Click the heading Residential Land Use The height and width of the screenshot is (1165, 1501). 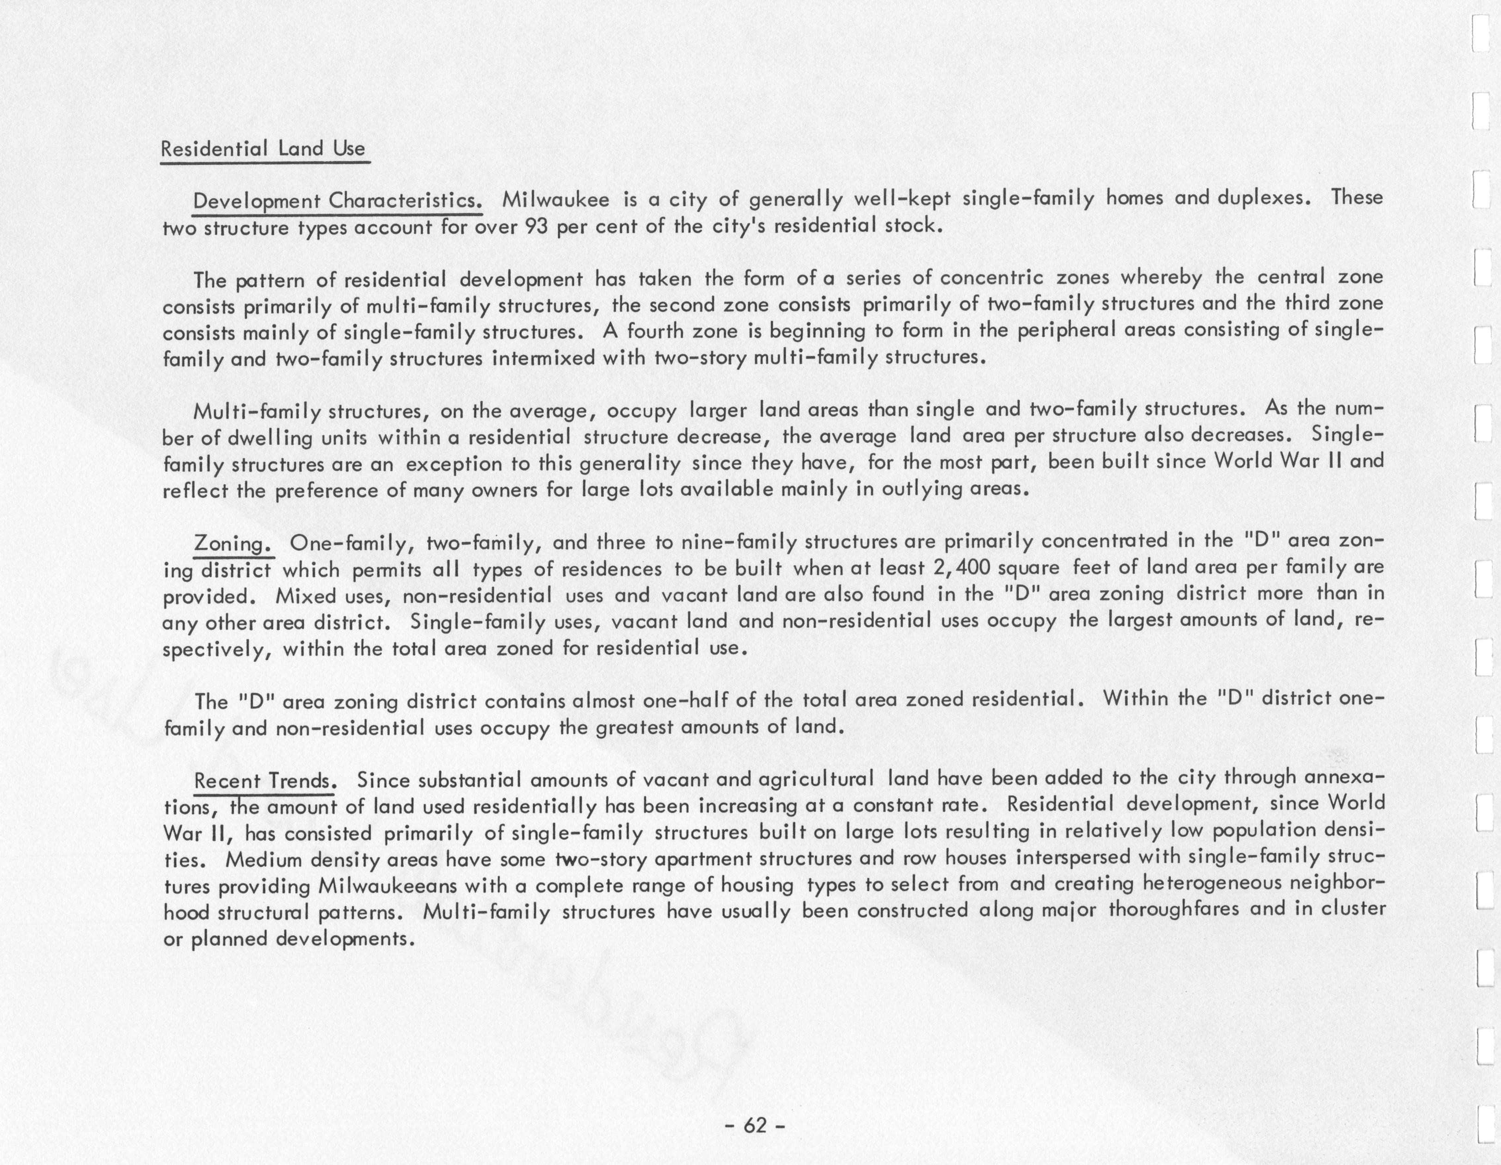263,148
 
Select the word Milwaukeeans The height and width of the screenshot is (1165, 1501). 388,886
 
